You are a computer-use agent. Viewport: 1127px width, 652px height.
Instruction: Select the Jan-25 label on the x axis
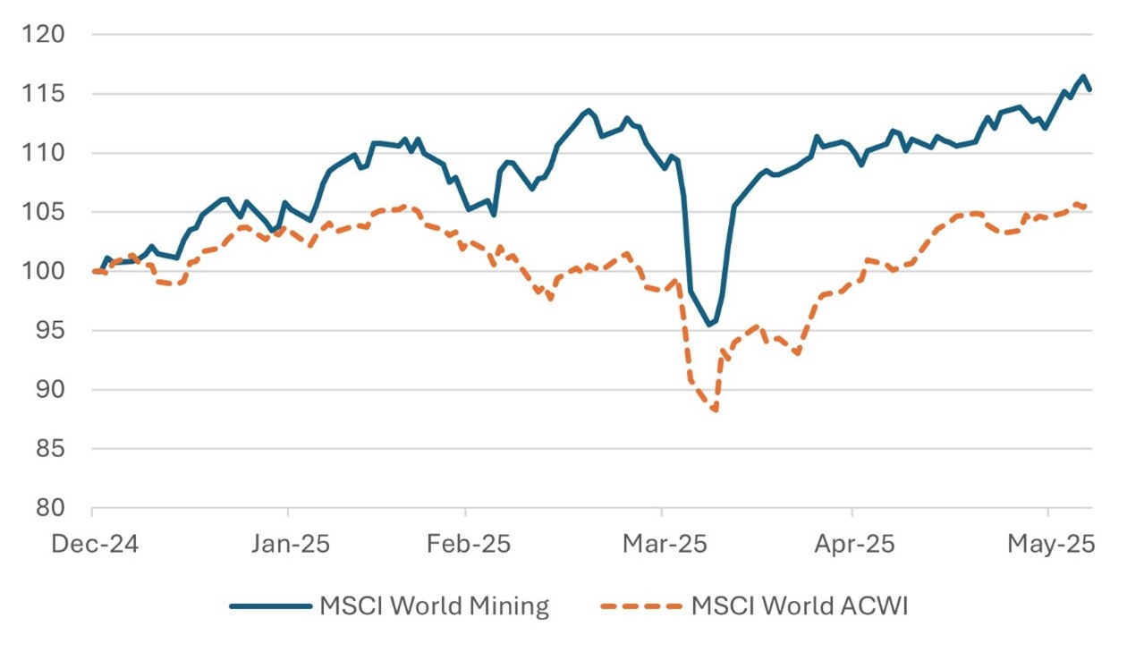287,545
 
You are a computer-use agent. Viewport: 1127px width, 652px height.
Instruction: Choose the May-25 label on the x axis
1047,545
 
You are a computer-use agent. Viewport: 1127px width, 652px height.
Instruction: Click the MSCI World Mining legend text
434,606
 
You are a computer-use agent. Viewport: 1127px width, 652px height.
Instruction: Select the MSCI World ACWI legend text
800,606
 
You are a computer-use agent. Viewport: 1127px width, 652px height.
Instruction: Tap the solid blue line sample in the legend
269,606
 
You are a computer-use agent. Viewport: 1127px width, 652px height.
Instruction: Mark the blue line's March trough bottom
709,325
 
